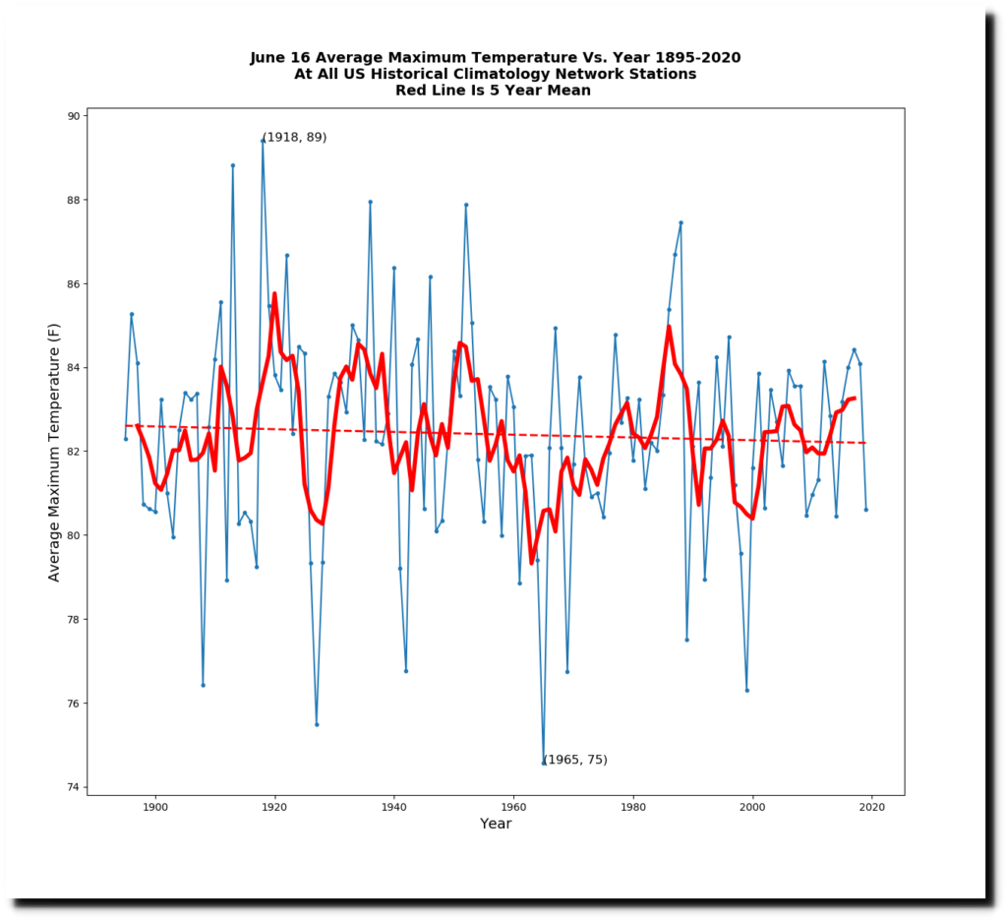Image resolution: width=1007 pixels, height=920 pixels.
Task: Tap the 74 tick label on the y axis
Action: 72,787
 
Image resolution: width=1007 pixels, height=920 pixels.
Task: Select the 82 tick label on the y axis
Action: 72,452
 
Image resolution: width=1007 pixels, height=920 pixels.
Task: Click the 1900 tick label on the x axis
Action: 155,807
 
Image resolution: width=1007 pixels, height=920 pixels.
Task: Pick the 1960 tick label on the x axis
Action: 513,807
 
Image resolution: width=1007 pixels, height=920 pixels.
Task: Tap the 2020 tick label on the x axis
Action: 872,807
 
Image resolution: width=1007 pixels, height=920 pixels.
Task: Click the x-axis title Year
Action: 496,824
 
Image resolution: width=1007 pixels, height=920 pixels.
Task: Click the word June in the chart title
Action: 269,58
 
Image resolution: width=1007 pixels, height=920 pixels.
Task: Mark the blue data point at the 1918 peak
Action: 263,141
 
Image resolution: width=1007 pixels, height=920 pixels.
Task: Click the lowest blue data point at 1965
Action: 544,763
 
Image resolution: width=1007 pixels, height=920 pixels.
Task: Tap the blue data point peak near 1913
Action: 233,165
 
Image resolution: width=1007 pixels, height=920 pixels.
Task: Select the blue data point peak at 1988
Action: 681,222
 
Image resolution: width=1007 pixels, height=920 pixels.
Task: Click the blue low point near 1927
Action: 317,724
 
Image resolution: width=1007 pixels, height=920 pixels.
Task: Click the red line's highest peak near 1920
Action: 274,293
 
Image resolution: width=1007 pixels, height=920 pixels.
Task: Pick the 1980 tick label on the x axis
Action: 633,807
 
